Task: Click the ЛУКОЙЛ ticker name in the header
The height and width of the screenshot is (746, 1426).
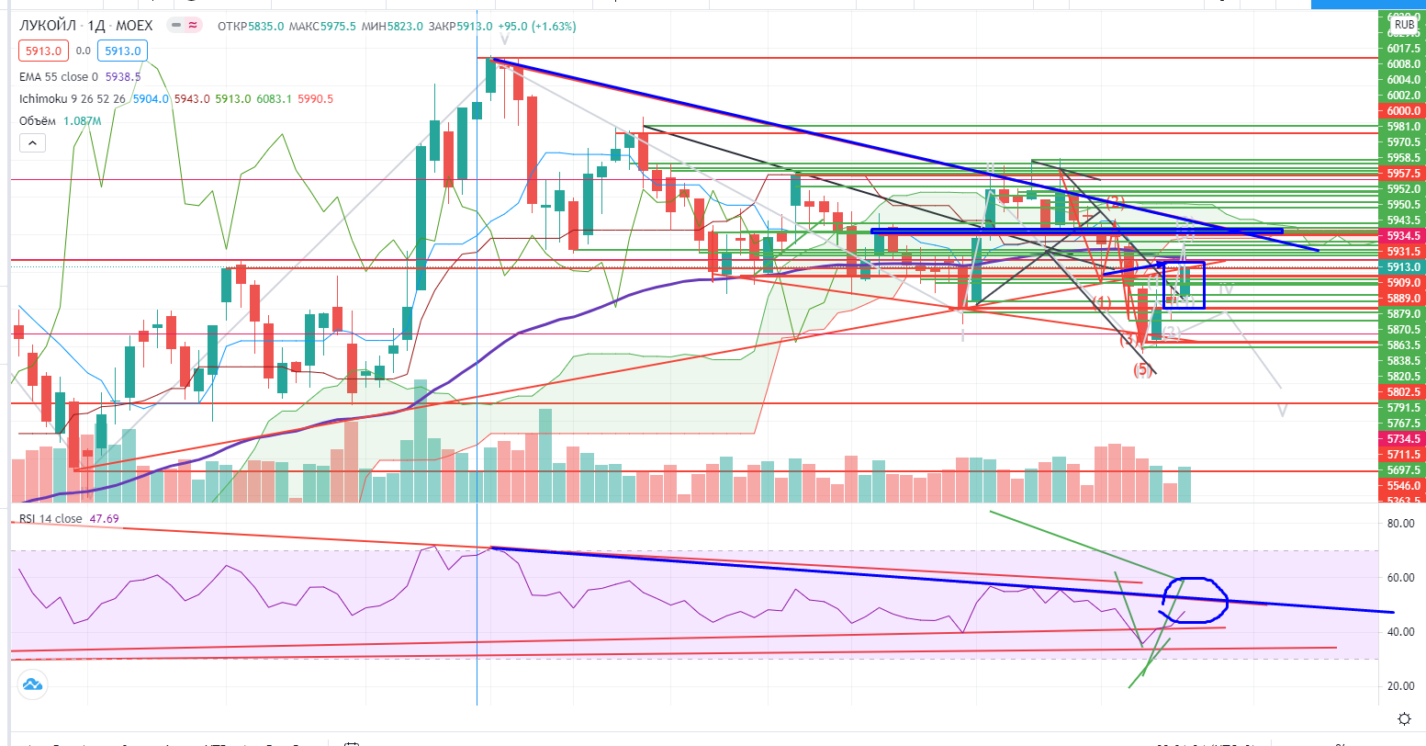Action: click(x=46, y=26)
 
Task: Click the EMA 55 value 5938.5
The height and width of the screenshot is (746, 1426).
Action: click(x=122, y=78)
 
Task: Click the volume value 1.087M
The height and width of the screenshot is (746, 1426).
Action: click(x=82, y=120)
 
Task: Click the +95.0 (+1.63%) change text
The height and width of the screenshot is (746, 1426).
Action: click(x=537, y=27)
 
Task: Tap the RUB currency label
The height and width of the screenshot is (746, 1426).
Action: click(x=1404, y=26)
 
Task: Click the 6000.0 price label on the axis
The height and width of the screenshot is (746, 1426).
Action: click(x=1404, y=110)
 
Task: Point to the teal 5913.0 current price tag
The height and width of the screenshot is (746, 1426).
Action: click(x=1404, y=267)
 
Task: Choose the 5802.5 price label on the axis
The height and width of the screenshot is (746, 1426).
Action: click(x=1404, y=391)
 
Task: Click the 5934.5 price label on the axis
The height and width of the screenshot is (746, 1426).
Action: click(x=1404, y=235)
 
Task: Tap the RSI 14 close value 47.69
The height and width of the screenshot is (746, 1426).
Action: click(x=103, y=519)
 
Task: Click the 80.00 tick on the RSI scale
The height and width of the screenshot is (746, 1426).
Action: click(x=1399, y=524)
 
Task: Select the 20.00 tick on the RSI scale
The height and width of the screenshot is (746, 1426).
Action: click(x=1399, y=686)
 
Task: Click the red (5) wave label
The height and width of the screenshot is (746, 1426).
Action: click(x=1142, y=369)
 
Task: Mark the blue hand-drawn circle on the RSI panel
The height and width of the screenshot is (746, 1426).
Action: click(x=1195, y=601)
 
